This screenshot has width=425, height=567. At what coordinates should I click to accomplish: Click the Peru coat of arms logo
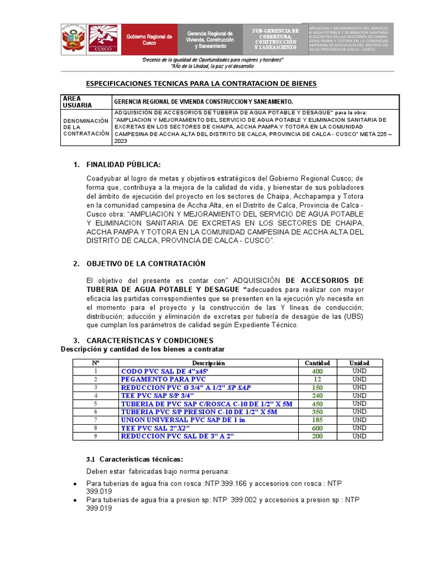tap(74, 39)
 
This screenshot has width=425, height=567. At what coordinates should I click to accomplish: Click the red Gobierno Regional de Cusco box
tap(149, 39)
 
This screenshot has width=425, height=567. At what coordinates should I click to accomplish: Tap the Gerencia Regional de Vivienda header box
tap(210, 39)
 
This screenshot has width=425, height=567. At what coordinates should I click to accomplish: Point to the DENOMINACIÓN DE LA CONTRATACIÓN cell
tap(86, 127)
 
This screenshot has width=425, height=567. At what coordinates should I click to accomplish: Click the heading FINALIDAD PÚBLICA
tap(123, 164)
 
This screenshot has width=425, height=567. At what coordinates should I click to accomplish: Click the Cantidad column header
tap(317, 363)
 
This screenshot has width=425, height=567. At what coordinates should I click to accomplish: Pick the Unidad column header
tap(359, 363)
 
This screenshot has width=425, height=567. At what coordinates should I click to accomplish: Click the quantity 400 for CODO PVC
tap(317, 371)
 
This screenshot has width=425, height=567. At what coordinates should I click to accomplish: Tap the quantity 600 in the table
tap(317, 428)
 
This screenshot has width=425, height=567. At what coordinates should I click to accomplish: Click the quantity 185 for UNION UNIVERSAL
tap(317, 420)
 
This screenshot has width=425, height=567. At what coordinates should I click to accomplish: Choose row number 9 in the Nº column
tap(95, 436)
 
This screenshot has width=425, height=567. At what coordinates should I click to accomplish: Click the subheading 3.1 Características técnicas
tap(134, 460)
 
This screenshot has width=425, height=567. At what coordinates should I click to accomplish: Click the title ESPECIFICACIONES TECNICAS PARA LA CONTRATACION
tap(201, 84)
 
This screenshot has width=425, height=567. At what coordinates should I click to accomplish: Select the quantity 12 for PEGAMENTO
tap(317, 379)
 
